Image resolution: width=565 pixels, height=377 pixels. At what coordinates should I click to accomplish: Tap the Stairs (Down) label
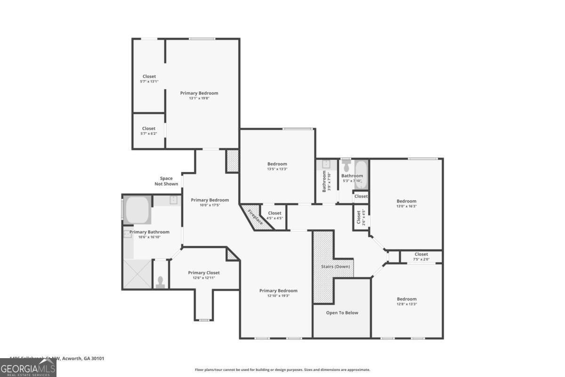click(335, 267)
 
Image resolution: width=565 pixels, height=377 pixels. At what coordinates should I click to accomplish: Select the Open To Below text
click(342, 312)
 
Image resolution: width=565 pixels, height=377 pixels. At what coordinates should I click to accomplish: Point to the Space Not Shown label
click(166, 181)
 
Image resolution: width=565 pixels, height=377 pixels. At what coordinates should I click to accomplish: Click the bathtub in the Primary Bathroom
click(137, 210)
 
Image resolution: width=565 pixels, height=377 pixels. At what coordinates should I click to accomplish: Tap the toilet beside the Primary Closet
click(161, 281)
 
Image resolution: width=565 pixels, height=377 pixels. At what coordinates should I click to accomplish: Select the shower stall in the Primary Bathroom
click(137, 274)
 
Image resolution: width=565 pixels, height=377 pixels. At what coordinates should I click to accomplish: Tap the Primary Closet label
click(203, 272)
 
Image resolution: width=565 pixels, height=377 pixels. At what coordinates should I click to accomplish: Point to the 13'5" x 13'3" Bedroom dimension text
click(277, 169)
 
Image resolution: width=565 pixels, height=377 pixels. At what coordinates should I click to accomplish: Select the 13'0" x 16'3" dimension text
click(406, 206)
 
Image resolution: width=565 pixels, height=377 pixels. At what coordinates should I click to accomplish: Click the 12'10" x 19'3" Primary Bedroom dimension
click(278, 296)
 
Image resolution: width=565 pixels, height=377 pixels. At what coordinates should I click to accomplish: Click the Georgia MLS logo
click(28, 368)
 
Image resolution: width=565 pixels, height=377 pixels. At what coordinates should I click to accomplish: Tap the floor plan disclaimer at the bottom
click(282, 370)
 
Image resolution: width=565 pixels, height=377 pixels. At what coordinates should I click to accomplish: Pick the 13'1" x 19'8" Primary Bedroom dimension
click(199, 98)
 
